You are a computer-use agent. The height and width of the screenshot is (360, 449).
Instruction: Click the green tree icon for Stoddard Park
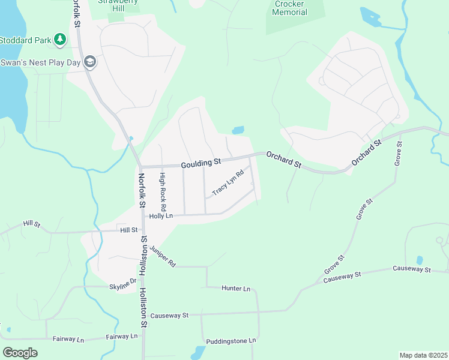click(59, 40)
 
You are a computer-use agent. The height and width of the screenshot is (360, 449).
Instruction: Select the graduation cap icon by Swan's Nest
click(89, 61)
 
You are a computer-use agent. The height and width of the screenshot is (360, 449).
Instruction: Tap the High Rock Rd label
click(161, 187)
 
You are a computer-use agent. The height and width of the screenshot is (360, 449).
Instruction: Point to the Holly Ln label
click(161, 215)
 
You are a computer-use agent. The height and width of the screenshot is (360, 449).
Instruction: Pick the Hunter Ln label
click(235, 289)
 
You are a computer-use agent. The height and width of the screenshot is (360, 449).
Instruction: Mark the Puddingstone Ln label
click(231, 341)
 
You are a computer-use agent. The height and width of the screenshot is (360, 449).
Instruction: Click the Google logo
click(20, 352)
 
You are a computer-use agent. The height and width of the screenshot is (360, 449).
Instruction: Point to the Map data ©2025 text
click(423, 355)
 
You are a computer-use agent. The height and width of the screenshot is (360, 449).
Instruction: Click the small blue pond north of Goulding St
click(238, 130)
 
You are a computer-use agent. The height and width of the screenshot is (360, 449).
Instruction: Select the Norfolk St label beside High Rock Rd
click(142, 190)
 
